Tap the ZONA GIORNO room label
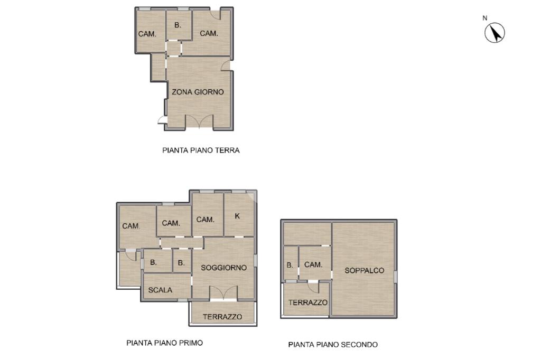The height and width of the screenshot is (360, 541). pos(198,92)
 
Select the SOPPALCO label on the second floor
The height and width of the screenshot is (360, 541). pos(365,271)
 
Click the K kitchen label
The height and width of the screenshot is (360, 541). pos(237,216)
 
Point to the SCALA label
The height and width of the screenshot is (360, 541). pos(160,290)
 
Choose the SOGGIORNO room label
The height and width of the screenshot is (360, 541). pos(223,268)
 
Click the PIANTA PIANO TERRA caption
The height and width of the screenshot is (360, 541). pos(201,150)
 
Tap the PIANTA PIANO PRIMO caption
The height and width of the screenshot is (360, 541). pos(165,343)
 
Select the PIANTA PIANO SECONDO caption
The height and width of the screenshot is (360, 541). pos(333,345)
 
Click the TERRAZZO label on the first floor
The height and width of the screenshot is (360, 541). pos(222,317)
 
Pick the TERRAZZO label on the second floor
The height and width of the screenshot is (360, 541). pos(308,303)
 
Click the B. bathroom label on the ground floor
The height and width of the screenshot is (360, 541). pos(178,25)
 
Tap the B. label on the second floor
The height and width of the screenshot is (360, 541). pos(290,265)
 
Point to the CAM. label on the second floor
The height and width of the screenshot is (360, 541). pos(313,265)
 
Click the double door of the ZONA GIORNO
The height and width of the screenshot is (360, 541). pos(199,121)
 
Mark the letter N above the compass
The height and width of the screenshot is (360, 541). pos(485,18)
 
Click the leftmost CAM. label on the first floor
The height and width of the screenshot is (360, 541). pos(131,226)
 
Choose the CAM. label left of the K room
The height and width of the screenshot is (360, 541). pos(206,220)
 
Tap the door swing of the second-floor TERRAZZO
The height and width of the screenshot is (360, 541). pos(313,287)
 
